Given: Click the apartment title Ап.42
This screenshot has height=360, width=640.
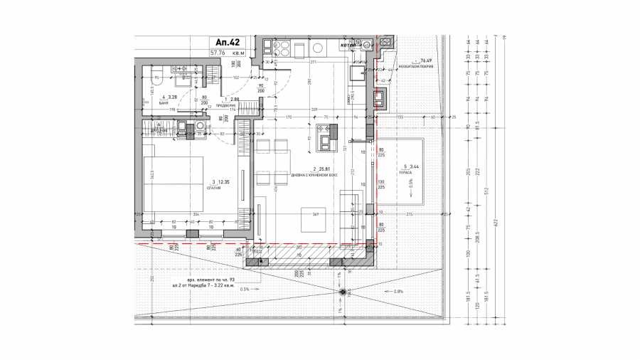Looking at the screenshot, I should point(224,41).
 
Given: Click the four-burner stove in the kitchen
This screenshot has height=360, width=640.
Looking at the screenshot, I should point(277,48).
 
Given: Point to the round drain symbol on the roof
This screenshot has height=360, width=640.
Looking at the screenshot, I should point(345,291).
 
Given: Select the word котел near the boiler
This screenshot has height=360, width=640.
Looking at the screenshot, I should point(348,45).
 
